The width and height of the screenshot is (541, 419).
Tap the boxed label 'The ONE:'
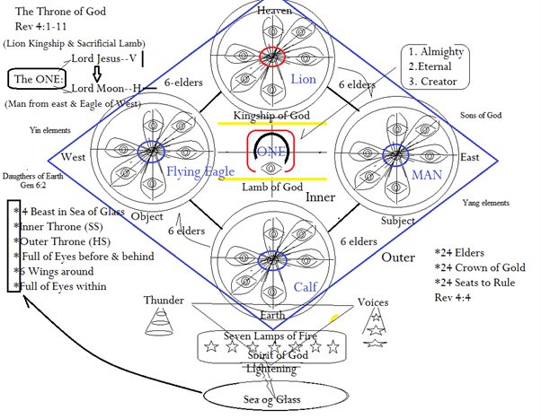pos(37,80)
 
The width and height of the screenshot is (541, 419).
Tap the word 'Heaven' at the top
pos(274,10)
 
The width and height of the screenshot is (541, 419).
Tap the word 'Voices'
pos(373,302)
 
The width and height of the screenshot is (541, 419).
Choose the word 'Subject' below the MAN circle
pos(396,220)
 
